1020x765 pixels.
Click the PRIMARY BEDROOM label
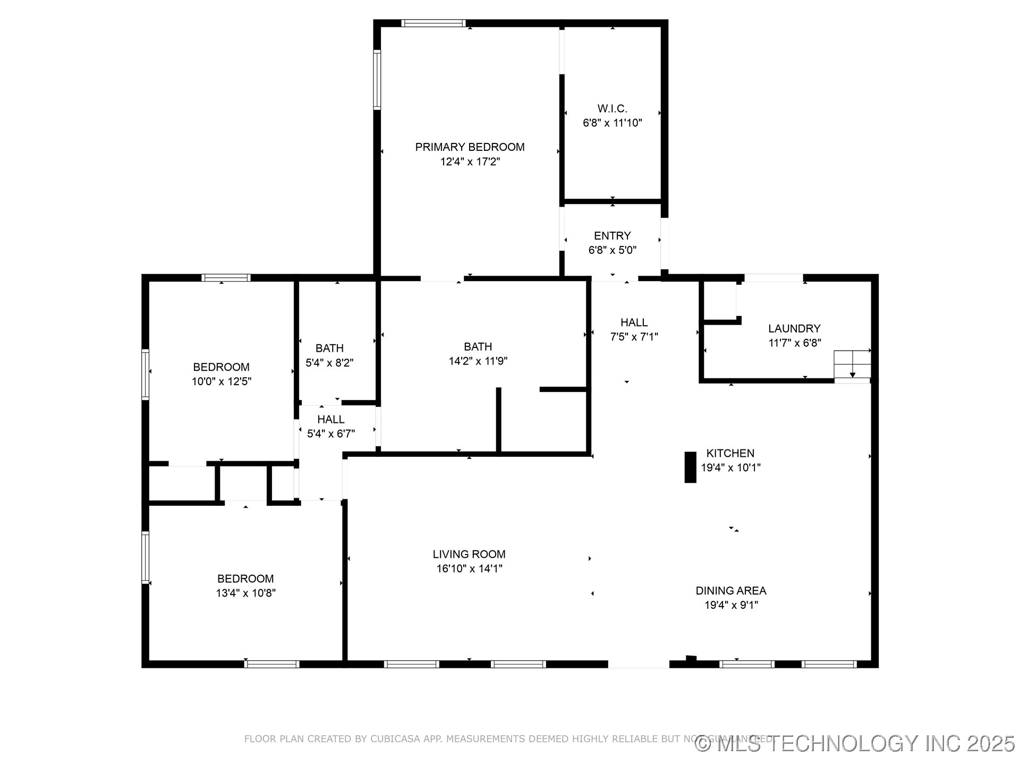coord(470,147)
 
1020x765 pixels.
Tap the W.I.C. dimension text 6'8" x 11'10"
coord(612,123)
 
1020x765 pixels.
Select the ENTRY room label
coord(612,236)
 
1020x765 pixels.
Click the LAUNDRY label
coord(794,329)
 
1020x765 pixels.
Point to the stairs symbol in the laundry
coord(852,365)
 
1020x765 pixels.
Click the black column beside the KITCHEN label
coord(690,467)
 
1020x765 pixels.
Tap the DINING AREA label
coord(730,591)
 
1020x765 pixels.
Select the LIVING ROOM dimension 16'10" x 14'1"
coord(469,569)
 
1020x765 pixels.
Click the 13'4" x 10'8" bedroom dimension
coord(245,593)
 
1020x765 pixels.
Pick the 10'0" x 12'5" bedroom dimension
coord(221,381)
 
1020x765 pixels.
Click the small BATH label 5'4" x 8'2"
coord(329,348)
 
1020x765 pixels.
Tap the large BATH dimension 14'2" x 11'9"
coord(478,361)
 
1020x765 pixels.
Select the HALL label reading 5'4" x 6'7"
coord(331,420)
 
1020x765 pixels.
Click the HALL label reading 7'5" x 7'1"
coord(634,322)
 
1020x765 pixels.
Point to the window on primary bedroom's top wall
coord(433,23)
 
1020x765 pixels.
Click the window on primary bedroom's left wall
coord(377,80)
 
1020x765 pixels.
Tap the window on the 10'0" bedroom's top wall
coord(226,277)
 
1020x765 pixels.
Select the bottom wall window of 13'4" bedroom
coord(271,664)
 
